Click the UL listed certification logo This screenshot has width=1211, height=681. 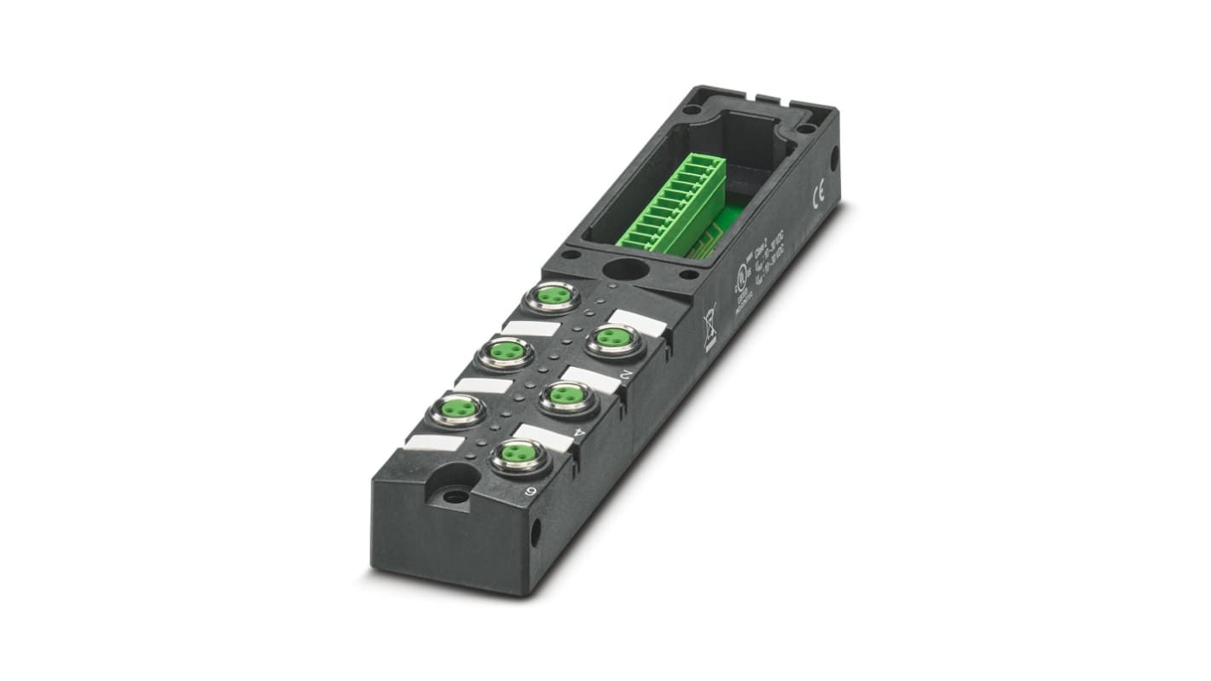coord(740,282)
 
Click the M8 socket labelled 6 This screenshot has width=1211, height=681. coord(518,455)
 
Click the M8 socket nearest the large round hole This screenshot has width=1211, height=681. coord(553,297)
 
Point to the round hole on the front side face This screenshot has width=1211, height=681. coord(535,533)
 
